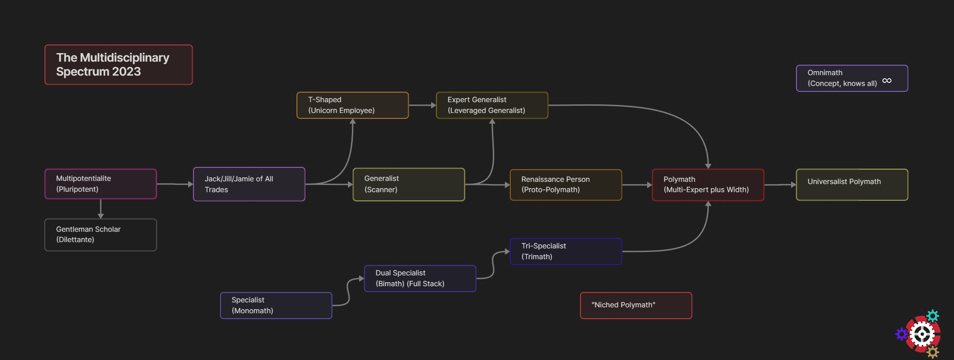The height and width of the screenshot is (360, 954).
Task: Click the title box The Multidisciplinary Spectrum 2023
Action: (x=118, y=65)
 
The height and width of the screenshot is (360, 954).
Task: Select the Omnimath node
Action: (x=851, y=78)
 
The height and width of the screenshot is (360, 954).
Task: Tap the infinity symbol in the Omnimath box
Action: (x=886, y=81)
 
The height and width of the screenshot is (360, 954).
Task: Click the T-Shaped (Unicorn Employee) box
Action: (x=352, y=105)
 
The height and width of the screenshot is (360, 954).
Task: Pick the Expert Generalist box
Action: (x=492, y=105)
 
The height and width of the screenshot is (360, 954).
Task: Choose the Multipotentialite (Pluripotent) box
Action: (x=100, y=184)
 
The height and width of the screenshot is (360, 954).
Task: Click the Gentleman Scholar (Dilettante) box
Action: (x=100, y=234)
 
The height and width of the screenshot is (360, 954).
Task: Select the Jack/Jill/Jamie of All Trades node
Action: (x=249, y=184)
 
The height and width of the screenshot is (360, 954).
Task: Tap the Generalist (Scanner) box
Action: (x=409, y=184)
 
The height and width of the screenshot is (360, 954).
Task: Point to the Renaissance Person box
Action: (x=566, y=184)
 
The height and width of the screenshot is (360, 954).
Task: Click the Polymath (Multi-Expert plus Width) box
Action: (x=708, y=184)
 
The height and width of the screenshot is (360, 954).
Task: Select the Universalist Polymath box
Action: (x=851, y=184)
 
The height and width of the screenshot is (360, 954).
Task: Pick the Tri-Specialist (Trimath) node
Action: (x=566, y=252)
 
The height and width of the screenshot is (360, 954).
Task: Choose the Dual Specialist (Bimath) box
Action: (x=420, y=279)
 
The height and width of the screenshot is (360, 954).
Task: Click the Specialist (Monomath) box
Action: (x=276, y=306)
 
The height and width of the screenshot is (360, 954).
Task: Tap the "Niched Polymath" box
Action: (x=636, y=306)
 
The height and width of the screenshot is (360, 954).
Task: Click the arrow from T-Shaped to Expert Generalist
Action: (x=422, y=105)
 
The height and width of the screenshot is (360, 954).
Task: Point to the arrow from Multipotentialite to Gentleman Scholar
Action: (x=100, y=209)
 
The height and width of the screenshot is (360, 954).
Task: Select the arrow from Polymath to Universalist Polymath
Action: (x=780, y=184)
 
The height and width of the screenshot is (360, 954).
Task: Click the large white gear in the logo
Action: (x=922, y=334)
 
